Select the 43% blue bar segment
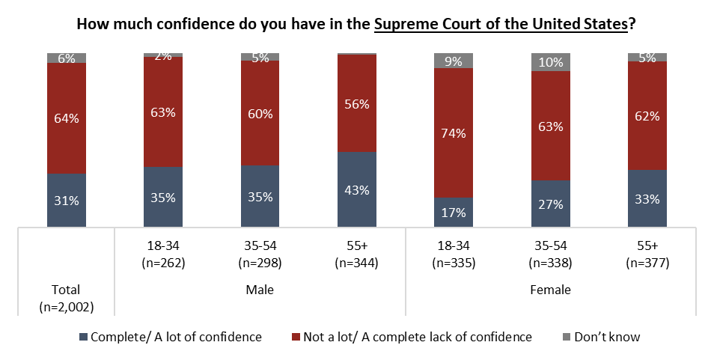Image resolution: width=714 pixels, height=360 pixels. coord(357,189)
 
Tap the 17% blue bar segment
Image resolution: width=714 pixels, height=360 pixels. coord(454,211)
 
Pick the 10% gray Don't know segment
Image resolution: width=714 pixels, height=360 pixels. coord(551,62)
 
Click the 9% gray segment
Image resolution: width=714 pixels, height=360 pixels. coord(454,61)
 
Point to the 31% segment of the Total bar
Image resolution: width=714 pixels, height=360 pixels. coord(66,200)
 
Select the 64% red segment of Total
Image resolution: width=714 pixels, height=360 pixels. coord(66,118)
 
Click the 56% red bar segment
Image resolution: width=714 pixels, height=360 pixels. coord(357,104)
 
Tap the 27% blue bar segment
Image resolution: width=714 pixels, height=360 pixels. coord(551,203)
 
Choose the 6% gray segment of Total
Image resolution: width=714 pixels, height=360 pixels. coord(66,58)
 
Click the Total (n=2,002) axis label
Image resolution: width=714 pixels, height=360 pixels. coord(66,297)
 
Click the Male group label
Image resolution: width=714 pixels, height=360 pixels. coord(260,289)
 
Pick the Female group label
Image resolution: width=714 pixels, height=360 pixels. coord(551,289)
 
